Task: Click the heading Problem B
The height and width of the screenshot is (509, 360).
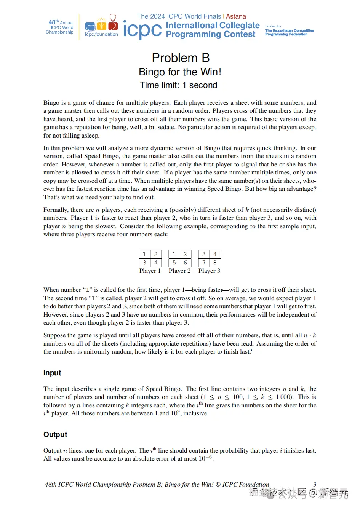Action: click(181, 58)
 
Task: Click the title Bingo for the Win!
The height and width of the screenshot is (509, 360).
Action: click(180, 72)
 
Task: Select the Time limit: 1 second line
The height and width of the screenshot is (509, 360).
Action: click(178, 85)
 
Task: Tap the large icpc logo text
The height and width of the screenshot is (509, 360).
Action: click(142, 30)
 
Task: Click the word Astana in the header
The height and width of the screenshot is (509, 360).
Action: click(236, 16)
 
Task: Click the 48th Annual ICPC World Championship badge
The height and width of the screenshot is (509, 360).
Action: click(60, 27)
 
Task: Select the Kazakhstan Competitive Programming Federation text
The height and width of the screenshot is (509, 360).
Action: click(289, 32)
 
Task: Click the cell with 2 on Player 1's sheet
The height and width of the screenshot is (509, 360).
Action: click(156, 254)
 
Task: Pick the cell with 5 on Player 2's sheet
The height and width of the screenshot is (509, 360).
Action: click(174, 263)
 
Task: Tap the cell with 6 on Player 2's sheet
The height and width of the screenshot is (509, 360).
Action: click(185, 263)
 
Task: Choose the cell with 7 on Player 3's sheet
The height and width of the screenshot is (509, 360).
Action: click(204, 263)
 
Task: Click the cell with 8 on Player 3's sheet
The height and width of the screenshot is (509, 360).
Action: click(215, 263)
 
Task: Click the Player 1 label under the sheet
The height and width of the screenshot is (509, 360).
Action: click(150, 271)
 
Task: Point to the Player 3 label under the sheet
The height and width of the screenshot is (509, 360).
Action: click(209, 271)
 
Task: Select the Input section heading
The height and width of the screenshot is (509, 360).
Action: click(52, 373)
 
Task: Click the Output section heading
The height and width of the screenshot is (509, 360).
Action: click(55, 435)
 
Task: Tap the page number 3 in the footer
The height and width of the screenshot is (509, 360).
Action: click(315, 484)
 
